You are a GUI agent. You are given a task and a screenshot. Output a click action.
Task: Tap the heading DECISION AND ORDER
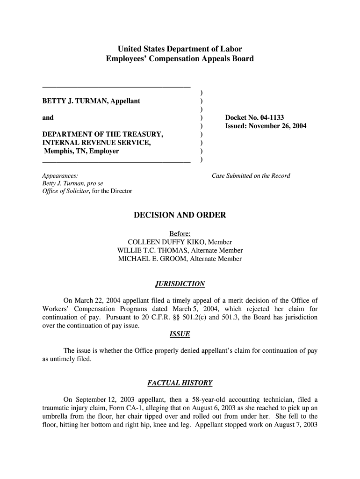coord(180,215)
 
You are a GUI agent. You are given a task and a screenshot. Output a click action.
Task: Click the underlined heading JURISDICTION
coord(180,284)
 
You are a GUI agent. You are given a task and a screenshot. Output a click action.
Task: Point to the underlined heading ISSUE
coord(180,334)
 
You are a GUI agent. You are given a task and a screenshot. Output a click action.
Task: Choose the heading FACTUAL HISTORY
coord(180,383)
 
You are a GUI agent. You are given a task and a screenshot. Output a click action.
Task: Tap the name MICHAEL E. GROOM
coord(152,259)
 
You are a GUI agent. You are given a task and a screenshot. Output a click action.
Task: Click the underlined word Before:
coord(180,233)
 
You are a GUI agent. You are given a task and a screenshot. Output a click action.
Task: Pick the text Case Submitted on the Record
coord(251,176)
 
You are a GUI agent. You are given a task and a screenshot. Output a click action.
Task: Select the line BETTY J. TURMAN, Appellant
coord(91,101)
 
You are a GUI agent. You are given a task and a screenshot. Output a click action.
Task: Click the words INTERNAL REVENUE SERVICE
coord(96,143)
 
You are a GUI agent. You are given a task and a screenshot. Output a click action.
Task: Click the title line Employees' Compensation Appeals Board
coord(180,59)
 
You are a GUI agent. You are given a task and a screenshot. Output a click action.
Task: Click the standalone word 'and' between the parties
coord(48,118)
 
